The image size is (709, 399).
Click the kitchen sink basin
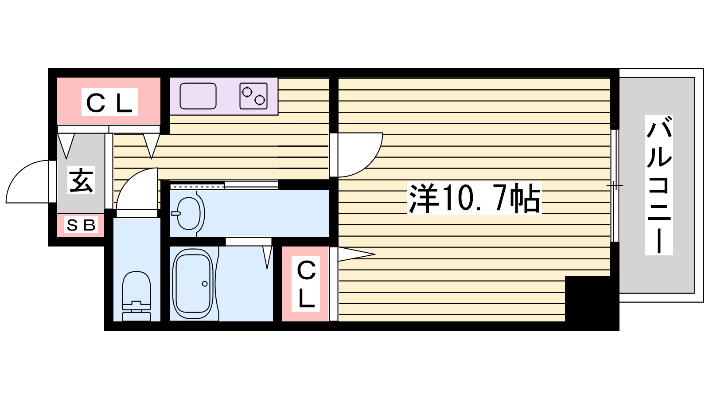click(198, 96)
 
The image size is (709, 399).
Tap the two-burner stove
click(253, 96)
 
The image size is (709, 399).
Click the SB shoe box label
click(81, 225)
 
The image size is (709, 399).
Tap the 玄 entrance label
click(82, 180)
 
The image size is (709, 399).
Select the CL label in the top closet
click(109, 102)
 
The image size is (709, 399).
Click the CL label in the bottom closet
click(306, 284)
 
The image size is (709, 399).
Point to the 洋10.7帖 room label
click(474, 198)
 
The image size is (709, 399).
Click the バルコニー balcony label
click(658, 185)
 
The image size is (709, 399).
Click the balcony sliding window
click(614, 185)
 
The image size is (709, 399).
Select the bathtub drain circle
click(205, 284)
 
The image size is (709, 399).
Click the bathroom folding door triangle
click(267, 257)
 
